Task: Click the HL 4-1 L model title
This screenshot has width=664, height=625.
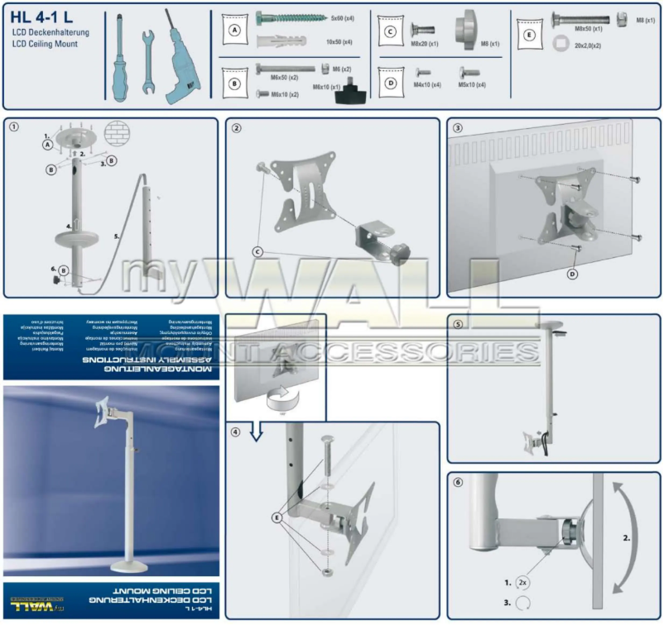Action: coord(44,15)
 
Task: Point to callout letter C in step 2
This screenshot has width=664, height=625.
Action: coord(259,249)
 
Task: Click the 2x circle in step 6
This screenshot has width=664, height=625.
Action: coord(523,581)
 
